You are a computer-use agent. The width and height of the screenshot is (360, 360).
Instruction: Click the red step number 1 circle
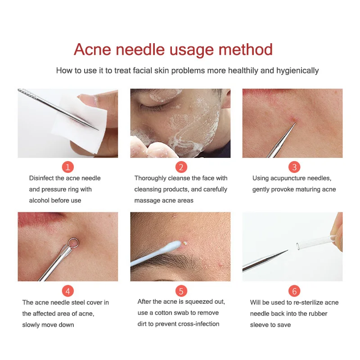(68, 167)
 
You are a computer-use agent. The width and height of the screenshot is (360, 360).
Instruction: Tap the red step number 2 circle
(181, 167)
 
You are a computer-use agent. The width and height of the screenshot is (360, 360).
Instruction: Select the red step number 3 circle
(294, 167)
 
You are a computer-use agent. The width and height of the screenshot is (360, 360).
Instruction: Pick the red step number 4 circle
(68, 291)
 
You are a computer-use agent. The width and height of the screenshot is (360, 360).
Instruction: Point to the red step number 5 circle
(181, 291)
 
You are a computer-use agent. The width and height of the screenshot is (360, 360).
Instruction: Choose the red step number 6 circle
(294, 291)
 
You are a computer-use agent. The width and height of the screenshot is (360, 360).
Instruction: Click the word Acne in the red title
(92, 49)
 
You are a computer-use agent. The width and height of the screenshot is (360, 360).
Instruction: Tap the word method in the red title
(245, 49)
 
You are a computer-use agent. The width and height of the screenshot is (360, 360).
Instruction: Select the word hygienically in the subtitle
(297, 71)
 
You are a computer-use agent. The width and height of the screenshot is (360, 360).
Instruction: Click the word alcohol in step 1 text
(39, 200)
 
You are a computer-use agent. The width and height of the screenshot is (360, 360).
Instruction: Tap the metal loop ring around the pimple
(73, 243)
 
